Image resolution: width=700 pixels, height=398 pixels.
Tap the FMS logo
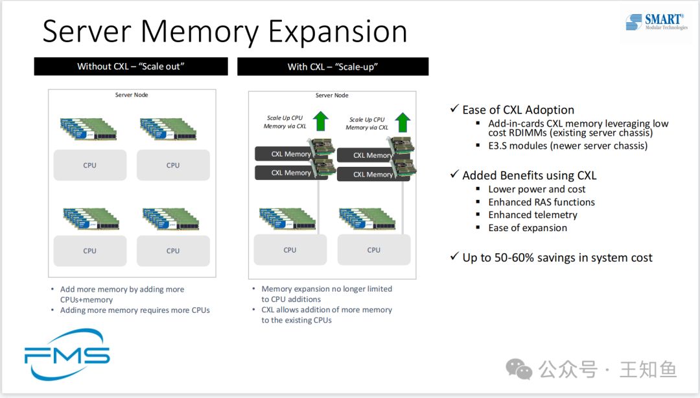(x=67, y=354)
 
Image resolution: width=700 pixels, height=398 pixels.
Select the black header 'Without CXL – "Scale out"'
(x=131, y=66)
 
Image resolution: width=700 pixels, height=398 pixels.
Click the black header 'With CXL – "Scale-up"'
(x=332, y=66)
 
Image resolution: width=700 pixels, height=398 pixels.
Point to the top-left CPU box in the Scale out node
(x=90, y=165)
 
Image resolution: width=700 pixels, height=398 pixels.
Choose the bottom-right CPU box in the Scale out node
(x=173, y=251)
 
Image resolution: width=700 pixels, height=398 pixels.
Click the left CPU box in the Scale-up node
(x=290, y=250)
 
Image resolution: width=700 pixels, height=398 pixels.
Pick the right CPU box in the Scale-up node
(x=374, y=250)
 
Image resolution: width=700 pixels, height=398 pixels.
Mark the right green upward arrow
(x=402, y=122)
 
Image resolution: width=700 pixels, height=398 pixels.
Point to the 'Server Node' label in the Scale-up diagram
(x=332, y=95)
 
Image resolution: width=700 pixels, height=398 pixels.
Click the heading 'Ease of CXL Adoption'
(x=518, y=110)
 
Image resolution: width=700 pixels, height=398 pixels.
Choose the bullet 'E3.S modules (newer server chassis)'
(x=568, y=145)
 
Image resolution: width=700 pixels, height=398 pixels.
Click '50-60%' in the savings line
(x=519, y=258)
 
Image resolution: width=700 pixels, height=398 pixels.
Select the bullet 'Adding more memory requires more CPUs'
(x=135, y=310)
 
